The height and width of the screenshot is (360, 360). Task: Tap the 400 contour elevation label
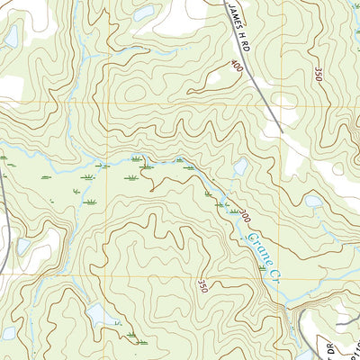pos(237,67)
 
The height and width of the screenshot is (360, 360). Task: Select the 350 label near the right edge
pos(318,75)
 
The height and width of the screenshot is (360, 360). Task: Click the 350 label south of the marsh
pos(202,286)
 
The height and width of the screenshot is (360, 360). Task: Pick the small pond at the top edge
pos(144,14)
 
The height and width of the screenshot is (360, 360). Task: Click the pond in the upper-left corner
pos(12,36)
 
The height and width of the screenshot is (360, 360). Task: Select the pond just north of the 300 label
pos(240,167)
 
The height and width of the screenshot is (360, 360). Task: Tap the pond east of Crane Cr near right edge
pos(312,201)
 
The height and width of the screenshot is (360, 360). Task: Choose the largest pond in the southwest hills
pos(99,314)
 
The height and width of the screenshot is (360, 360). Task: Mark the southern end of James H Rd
pos(280,132)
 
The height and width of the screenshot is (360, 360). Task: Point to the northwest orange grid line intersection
pos(106,104)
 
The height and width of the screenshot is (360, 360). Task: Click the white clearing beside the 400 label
pos(211,79)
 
